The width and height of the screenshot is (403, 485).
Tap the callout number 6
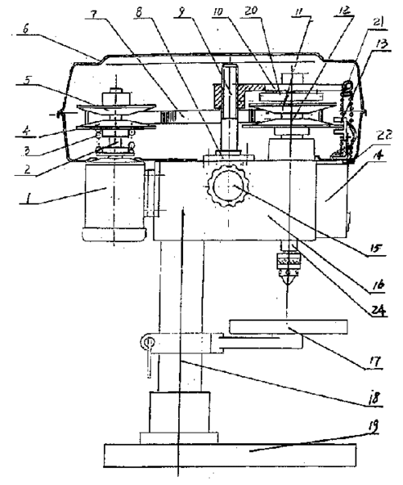(x=25, y=29)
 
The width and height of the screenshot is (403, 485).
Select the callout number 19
(x=372, y=426)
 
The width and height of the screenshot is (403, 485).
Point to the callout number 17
(x=375, y=362)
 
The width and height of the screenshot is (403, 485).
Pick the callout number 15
(x=375, y=248)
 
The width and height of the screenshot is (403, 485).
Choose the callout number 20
(x=251, y=11)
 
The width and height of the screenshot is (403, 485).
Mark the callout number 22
(x=384, y=135)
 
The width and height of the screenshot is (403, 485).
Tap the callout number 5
(x=27, y=80)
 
